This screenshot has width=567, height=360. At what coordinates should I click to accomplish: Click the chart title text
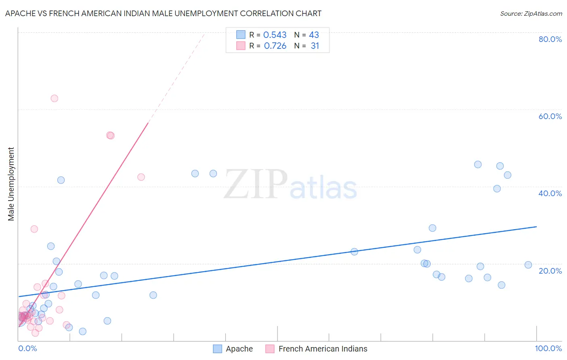163,13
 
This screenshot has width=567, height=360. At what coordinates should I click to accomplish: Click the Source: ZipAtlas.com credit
531,13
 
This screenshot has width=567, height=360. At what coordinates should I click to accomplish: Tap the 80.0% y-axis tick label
550,39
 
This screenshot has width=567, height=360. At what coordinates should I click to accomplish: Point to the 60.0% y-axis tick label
550,116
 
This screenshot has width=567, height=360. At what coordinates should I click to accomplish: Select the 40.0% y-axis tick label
550,193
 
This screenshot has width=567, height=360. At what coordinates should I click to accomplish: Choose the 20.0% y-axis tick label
550,271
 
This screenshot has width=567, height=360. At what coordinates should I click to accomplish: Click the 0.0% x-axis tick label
28,348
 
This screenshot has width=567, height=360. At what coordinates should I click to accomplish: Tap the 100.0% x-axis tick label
548,348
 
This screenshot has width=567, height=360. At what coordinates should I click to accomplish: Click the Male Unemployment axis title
11,184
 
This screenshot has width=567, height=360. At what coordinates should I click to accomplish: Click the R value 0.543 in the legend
275,35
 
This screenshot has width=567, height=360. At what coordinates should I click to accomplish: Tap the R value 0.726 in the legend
275,46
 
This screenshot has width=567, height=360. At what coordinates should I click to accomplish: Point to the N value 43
314,35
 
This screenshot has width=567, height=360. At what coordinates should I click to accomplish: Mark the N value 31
315,46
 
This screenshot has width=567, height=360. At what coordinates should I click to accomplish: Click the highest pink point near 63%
54,98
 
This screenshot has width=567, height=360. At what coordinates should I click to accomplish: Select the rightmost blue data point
528,265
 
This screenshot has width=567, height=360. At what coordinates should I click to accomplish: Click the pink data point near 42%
141,177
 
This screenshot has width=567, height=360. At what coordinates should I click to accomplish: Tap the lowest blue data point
83,331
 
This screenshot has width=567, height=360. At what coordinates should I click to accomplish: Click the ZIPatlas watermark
290,185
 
